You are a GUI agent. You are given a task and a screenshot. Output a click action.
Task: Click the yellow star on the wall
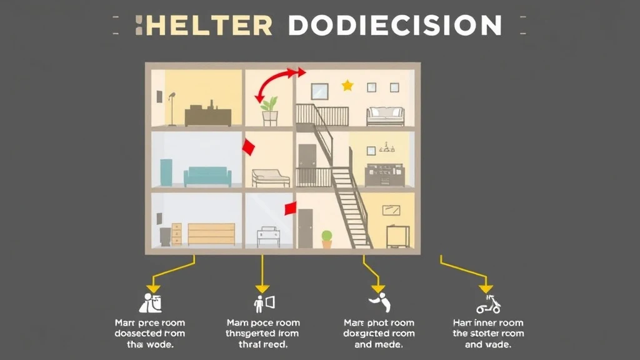pos(347,86)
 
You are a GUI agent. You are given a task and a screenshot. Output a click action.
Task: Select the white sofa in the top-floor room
pos(385,116)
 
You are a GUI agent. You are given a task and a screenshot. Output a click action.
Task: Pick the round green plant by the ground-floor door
pos(326,238)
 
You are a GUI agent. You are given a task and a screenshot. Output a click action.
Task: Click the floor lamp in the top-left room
pos(171,109)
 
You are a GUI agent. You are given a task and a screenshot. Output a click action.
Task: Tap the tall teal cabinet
pos(166,172)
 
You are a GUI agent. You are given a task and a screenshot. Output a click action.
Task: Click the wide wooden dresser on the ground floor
pos(211,234)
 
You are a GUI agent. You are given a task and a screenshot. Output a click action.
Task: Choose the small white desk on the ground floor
pos(269,236)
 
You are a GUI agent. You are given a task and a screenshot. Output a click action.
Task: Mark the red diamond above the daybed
pos(248,147)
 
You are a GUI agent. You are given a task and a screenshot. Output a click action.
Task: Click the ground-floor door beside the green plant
pos(305,228)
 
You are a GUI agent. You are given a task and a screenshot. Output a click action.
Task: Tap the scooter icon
pos(488,305)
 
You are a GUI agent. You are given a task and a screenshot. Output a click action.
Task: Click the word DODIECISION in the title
pos(395,26)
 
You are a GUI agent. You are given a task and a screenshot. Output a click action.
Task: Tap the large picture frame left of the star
pos(319,91)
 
